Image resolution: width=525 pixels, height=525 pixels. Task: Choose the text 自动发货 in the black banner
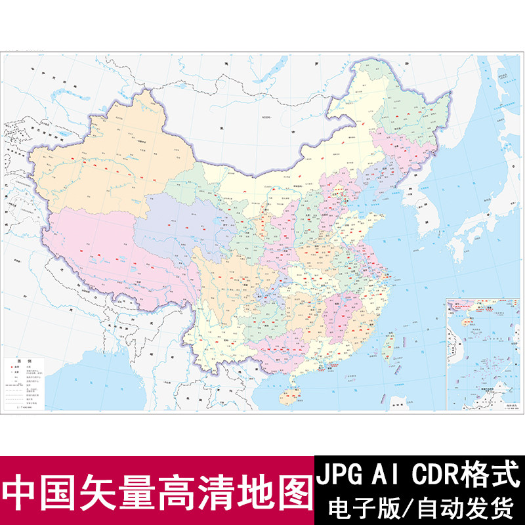(460, 507)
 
